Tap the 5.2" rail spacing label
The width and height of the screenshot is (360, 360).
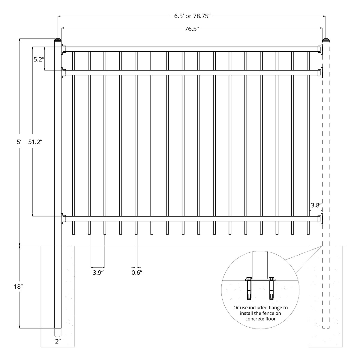point(38,59)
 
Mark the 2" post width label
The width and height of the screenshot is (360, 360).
point(58,341)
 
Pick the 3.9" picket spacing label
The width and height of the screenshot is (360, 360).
point(98,273)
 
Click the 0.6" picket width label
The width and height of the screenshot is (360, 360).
point(137,273)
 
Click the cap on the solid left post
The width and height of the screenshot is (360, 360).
point(58,40)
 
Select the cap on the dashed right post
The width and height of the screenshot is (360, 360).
point(326,40)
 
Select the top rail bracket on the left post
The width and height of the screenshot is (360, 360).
point(64,49)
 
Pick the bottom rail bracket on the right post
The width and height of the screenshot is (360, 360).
point(320,218)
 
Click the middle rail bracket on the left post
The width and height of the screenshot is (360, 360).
point(64,73)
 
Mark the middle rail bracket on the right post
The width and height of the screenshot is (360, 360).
point(320,73)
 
